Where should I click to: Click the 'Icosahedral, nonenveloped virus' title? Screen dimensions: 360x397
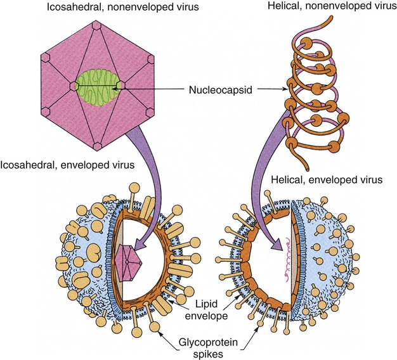coord(98,8)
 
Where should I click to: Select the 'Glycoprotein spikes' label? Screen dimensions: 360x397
coord(195,337)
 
